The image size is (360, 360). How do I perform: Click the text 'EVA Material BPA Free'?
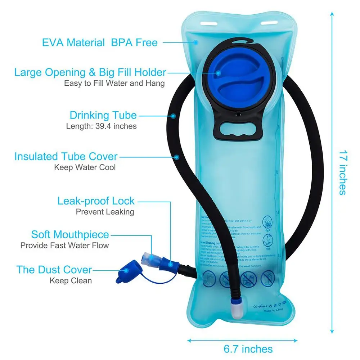100,42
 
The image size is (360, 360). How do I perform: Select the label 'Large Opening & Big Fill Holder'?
90,72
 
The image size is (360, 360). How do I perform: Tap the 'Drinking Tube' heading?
103,116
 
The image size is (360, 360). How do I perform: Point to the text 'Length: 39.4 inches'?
101,126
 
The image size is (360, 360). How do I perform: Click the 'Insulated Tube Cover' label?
66,157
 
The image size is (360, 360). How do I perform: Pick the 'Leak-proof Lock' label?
96,201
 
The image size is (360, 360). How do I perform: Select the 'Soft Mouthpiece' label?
70,235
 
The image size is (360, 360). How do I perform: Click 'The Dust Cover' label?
54,269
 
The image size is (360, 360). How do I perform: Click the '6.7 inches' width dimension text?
248,348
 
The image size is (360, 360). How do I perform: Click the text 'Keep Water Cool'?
85,167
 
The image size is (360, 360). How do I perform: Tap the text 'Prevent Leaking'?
105,212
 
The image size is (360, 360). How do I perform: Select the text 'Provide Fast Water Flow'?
64,246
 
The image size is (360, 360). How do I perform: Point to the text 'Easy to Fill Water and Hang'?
114,83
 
